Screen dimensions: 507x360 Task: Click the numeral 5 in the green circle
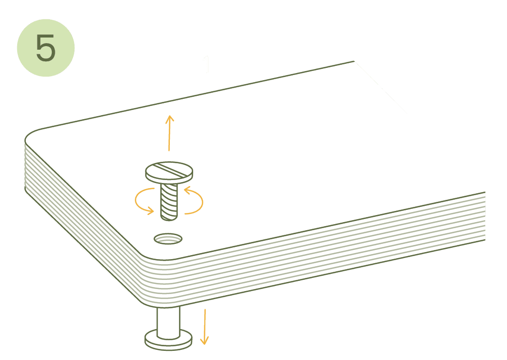coord(46,48)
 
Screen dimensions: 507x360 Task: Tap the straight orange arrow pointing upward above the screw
coord(169,133)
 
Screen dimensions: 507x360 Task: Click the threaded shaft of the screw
coord(169,201)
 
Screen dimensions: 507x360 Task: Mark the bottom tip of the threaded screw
coord(169,220)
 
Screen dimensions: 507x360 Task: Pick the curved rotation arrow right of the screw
coord(195,201)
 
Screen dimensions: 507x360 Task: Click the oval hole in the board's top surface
coord(168,239)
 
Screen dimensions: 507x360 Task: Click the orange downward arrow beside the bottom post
coord(204,327)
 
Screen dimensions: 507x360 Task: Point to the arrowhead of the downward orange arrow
coord(204,341)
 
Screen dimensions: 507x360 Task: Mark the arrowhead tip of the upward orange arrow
coord(169,116)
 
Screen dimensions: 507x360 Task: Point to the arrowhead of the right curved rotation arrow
coord(188,191)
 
